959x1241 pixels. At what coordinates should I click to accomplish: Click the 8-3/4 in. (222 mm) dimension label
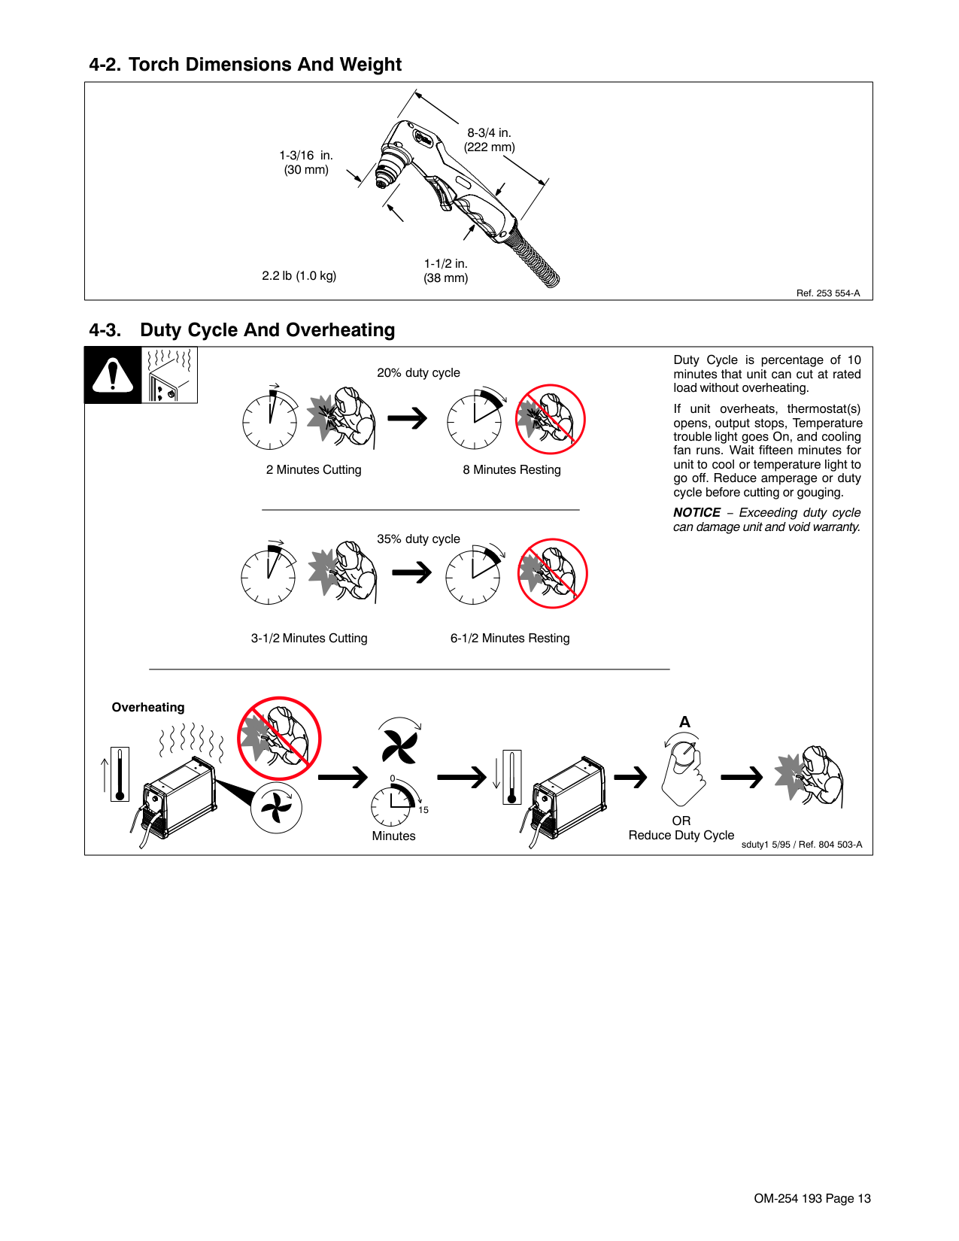click(489, 140)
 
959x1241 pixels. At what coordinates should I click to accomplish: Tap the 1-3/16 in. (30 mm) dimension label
click(306, 162)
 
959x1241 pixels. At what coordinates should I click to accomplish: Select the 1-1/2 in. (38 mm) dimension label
click(445, 271)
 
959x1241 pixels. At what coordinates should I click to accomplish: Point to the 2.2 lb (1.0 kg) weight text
click(299, 276)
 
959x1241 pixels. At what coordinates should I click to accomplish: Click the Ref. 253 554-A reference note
click(827, 293)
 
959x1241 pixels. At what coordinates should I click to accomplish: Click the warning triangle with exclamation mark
click(113, 375)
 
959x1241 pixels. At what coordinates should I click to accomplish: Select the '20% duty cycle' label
click(418, 373)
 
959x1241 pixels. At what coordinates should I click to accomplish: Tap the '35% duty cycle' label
click(418, 539)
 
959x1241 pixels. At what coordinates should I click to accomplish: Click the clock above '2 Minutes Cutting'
click(270, 420)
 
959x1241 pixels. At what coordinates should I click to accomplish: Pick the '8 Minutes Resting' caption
click(511, 470)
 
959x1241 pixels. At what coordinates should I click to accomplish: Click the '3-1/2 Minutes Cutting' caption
click(309, 639)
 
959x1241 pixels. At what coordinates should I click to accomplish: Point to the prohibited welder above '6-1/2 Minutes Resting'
click(552, 573)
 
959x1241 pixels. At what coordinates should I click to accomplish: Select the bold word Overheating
click(148, 708)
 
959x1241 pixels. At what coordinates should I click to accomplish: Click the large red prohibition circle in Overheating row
click(279, 739)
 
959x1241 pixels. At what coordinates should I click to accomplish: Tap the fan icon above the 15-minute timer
click(399, 745)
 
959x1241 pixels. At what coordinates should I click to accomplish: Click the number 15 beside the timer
click(423, 810)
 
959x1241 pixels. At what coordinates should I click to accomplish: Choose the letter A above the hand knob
click(684, 722)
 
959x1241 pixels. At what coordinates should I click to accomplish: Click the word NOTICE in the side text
click(696, 513)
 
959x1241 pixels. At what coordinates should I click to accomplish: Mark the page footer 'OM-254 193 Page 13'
click(812, 1199)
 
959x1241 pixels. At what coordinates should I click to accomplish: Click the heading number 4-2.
click(105, 65)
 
